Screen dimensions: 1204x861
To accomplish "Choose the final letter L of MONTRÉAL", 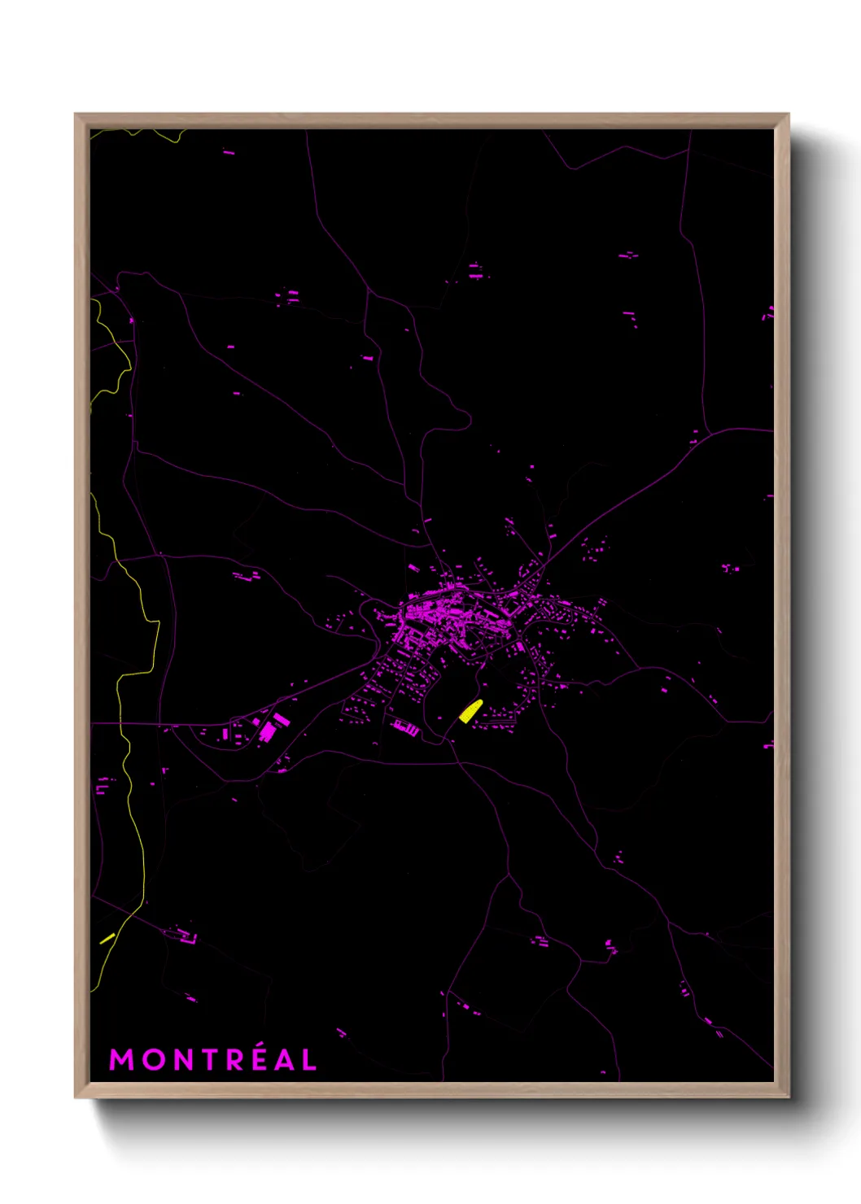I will (308, 1060).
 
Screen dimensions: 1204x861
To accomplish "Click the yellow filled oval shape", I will (470, 711).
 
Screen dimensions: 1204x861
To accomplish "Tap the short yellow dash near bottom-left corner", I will (107, 938).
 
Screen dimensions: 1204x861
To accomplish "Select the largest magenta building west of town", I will (268, 731).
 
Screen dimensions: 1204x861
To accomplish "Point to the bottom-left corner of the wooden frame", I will (76, 1096).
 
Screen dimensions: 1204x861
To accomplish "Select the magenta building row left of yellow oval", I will (404, 727).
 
